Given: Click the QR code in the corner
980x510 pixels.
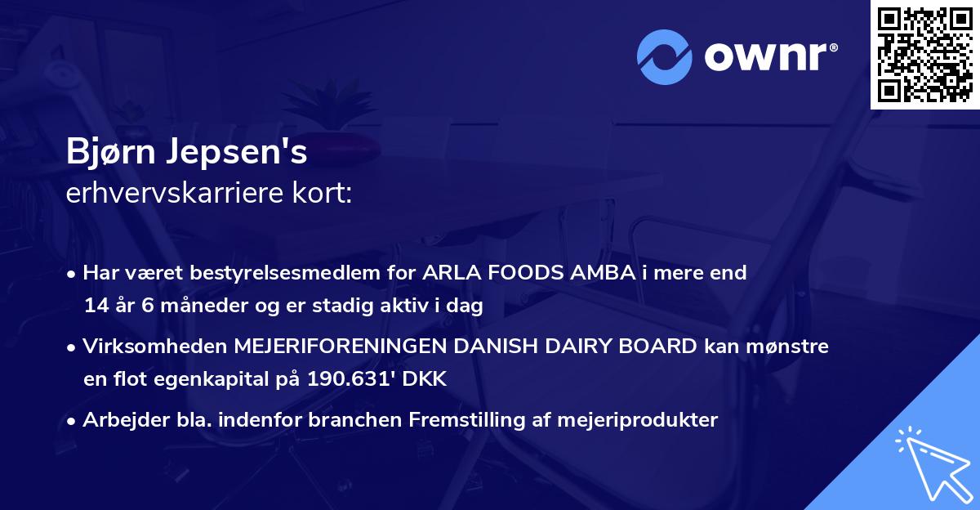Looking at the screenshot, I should point(925,54).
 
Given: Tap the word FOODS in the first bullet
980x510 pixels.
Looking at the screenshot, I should point(517,274).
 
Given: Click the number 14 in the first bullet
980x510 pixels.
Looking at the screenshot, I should point(95,306).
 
